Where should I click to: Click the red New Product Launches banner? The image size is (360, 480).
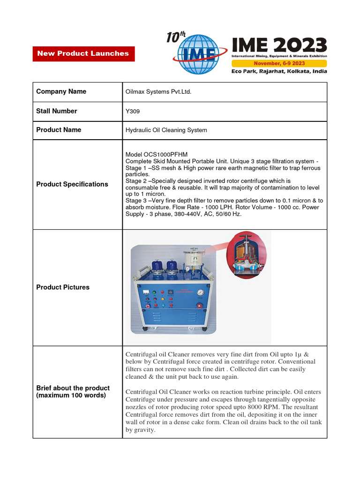pos(83,53)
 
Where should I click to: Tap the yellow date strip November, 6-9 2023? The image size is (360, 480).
pos(279,63)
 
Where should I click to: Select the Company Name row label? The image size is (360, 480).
pos(61,91)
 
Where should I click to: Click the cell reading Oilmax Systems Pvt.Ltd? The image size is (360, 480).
pos(158,92)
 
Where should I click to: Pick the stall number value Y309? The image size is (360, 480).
pos(133,111)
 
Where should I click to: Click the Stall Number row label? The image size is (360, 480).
pos(57,111)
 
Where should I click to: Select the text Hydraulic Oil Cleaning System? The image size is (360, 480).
pos(166,130)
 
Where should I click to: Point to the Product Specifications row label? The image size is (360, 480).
pos(72,184)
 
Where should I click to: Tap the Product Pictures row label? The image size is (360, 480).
pos(63,287)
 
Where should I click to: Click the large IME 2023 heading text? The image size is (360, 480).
pos(279,45)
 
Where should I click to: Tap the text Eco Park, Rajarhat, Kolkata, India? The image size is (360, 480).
pos(279,71)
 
